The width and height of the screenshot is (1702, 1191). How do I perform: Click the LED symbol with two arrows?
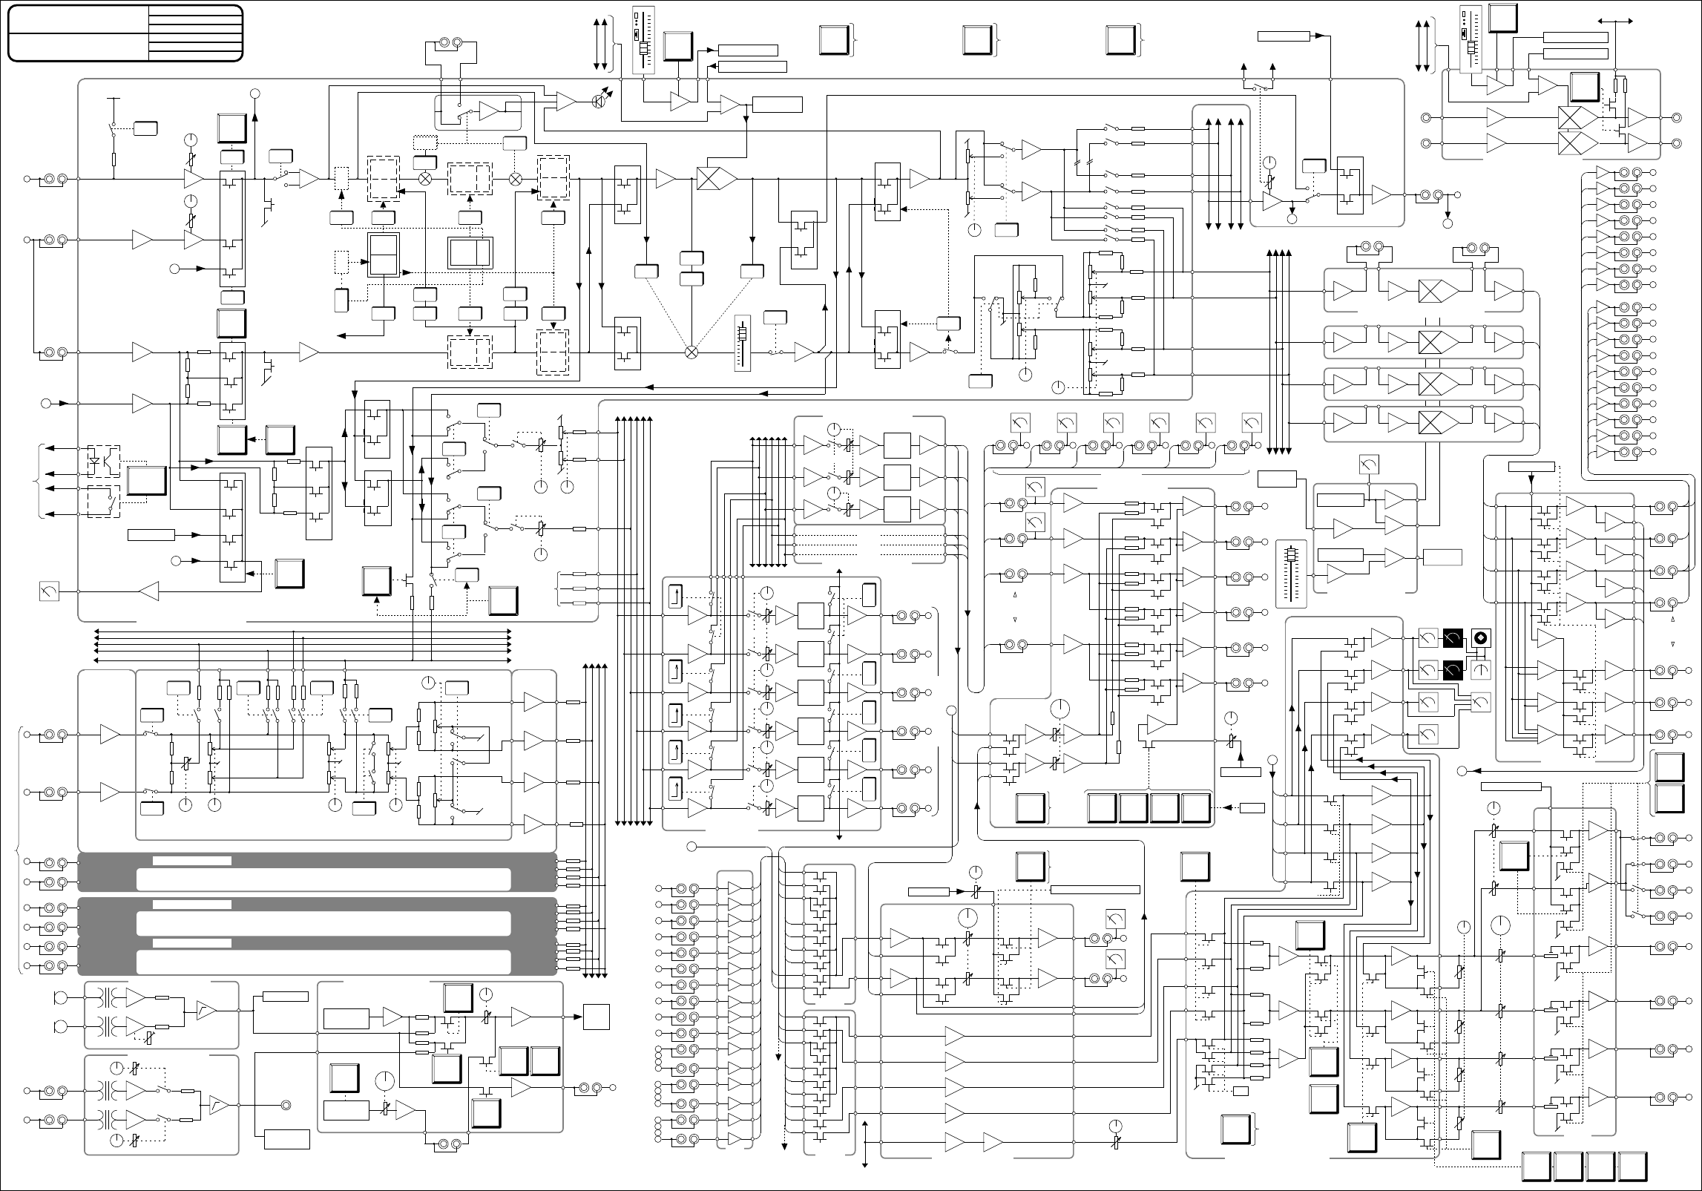tap(599, 102)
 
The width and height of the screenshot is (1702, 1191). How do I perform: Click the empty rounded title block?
tap(125, 33)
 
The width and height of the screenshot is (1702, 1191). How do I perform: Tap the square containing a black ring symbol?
tap(1482, 638)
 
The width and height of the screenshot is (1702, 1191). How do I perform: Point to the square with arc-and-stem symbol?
tap(1482, 670)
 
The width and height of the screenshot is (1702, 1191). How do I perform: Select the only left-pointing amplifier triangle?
tap(149, 591)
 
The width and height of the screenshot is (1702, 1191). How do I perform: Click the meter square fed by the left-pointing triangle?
tap(48, 591)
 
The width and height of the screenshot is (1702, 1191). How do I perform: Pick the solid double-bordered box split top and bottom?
tap(384, 255)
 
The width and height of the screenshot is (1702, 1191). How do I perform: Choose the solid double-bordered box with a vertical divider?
tap(470, 253)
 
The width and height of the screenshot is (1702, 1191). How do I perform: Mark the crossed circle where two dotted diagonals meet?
tap(691, 352)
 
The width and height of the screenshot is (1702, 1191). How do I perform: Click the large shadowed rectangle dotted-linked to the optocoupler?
tap(147, 482)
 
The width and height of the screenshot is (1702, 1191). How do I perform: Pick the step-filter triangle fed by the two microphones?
tap(206, 1011)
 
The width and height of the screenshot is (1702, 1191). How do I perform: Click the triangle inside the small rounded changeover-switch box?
tap(490, 111)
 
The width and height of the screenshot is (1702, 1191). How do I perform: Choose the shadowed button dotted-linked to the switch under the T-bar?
tap(145, 128)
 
